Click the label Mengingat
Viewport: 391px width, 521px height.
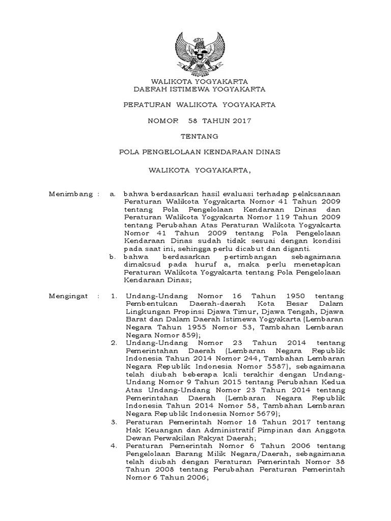68,296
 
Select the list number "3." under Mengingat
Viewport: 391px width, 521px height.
114,422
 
